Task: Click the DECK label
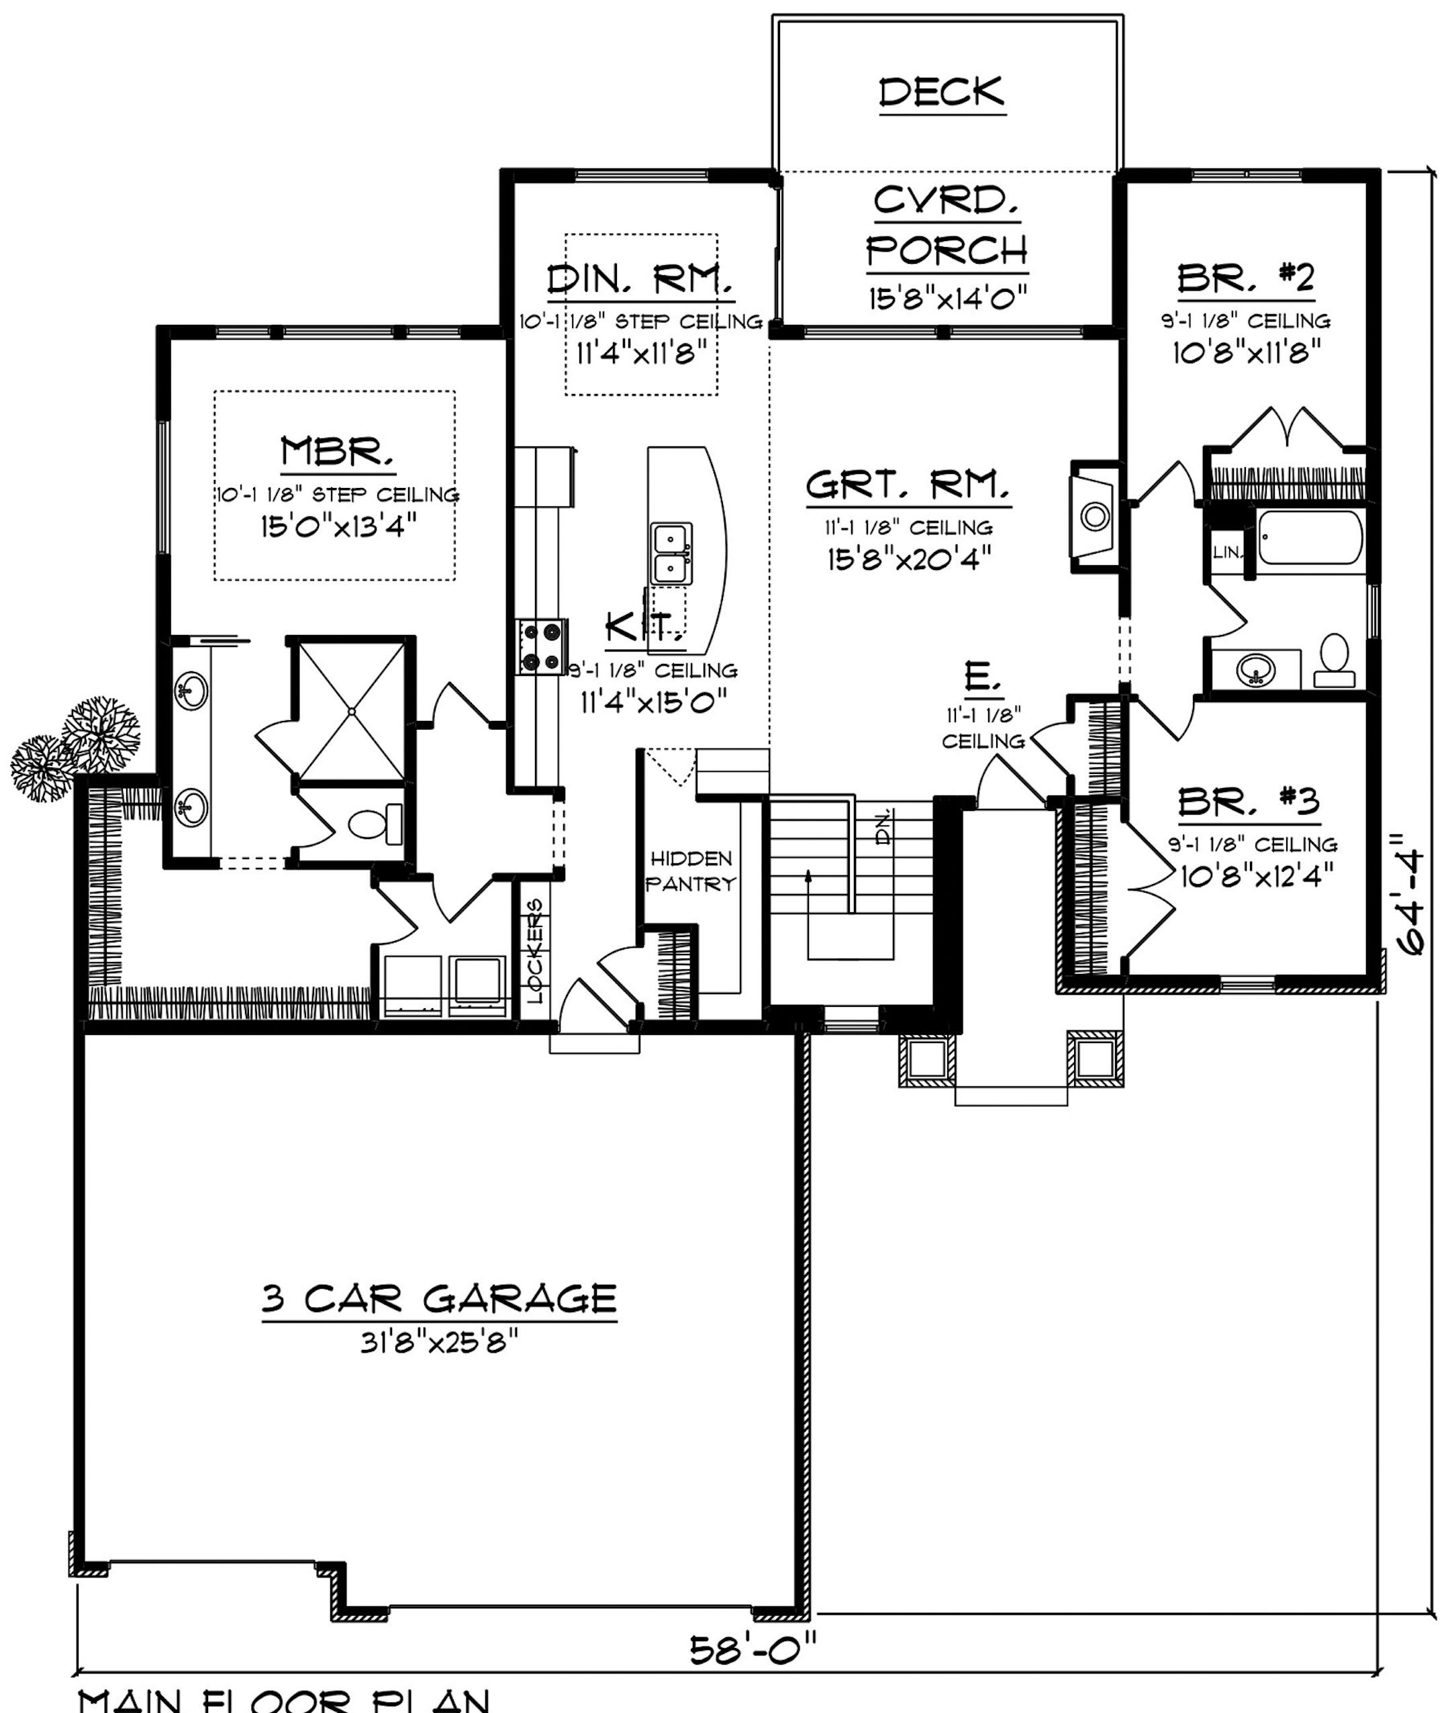(942, 92)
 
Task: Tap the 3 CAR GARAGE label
(439, 1299)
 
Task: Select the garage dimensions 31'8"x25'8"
(439, 1343)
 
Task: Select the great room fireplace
(1094, 516)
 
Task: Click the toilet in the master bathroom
(377, 824)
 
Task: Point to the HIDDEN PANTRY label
(691, 871)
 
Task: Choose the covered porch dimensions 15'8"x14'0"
(947, 297)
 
